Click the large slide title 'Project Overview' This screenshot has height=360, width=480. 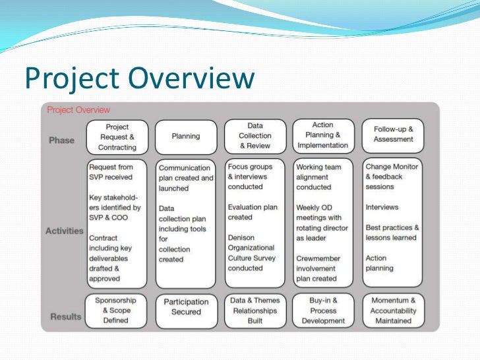(139, 78)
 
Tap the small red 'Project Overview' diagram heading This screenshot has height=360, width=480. (78, 110)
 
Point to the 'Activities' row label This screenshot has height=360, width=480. (65, 231)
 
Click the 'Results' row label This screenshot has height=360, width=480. (65, 316)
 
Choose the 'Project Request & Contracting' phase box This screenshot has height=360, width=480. (117, 137)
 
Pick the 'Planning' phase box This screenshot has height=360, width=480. (186, 137)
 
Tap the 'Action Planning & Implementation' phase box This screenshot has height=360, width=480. (323, 135)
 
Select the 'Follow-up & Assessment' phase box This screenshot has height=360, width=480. (393, 135)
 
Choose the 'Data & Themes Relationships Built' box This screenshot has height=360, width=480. (255, 311)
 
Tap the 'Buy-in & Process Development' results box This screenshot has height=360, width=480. (323, 311)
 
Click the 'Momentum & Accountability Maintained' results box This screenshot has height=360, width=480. (393, 311)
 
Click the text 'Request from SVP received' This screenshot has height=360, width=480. (111, 172)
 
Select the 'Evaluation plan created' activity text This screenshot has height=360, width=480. (253, 212)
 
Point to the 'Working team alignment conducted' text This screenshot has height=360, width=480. (318, 177)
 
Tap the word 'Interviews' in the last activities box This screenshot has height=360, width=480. (382, 207)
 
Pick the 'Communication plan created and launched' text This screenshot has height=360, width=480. (186, 178)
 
